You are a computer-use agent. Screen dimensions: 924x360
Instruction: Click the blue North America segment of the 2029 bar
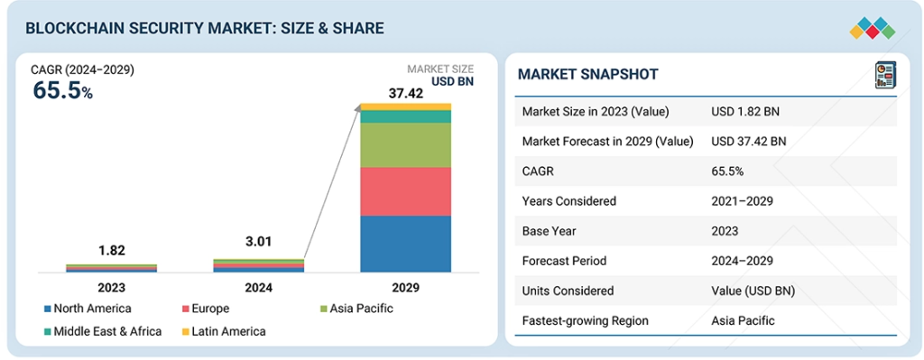[x=405, y=244]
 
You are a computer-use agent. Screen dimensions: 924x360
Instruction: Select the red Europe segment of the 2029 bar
[x=405, y=191]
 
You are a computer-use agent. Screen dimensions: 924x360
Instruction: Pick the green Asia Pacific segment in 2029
[x=405, y=145]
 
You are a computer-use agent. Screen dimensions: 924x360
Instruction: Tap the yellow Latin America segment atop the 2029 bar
[x=405, y=106]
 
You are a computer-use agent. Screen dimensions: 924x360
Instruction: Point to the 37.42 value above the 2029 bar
[x=405, y=93]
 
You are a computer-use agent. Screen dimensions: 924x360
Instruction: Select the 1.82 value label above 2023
[x=111, y=251]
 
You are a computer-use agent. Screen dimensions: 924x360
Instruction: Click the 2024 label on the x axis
[x=258, y=288]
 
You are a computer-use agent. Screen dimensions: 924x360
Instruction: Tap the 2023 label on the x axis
[x=111, y=288]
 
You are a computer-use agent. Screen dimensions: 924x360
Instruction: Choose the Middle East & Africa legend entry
[x=103, y=331]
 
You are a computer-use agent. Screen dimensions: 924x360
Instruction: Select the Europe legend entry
[x=206, y=309]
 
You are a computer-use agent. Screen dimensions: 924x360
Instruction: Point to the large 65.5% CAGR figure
[x=62, y=90]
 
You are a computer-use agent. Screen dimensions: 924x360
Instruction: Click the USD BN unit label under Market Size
[x=453, y=82]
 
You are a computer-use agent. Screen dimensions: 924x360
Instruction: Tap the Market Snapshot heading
[x=588, y=74]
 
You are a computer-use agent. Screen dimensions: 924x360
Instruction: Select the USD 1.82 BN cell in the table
[x=745, y=111]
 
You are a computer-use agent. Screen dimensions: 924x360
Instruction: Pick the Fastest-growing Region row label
[x=585, y=320]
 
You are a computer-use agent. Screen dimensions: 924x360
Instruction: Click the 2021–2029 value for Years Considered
[x=742, y=201]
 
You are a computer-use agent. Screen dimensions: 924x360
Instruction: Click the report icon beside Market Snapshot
[x=885, y=76]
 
